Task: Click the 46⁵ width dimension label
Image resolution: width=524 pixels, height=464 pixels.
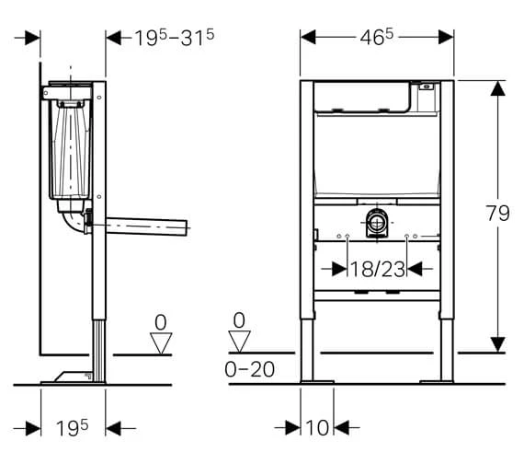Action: pos(377,37)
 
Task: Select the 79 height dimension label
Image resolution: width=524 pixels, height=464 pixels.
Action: pos(497,213)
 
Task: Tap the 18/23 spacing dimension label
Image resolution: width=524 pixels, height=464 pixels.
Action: pos(377,269)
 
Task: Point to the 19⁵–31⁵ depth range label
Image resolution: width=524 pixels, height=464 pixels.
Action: pos(174,37)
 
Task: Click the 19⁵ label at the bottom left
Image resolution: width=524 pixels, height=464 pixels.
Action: pos(73,428)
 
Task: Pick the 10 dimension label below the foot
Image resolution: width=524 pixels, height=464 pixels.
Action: pos(317,427)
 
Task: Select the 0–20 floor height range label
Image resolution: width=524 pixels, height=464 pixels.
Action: pos(250,369)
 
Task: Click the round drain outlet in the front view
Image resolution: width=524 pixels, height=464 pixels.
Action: pos(377,222)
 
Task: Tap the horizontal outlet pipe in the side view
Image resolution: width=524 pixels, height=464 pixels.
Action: pos(146,226)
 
